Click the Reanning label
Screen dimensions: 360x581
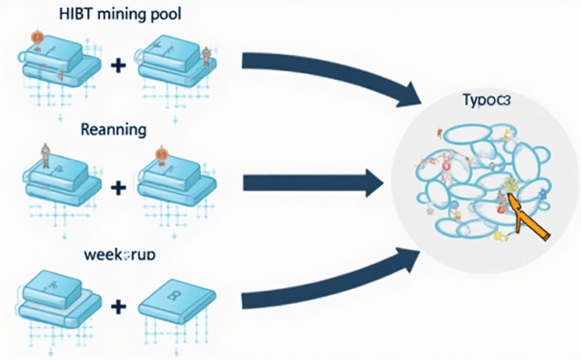pos(114,129)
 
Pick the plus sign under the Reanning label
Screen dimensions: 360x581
pos(117,186)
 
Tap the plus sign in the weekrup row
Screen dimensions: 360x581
pos(117,306)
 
